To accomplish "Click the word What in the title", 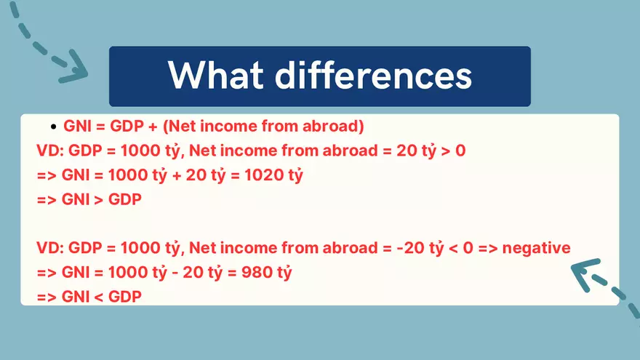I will (219, 76).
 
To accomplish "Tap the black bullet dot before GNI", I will (53, 127).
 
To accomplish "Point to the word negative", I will (537, 248).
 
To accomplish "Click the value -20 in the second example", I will (407, 248).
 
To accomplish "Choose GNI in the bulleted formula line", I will (77, 127).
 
